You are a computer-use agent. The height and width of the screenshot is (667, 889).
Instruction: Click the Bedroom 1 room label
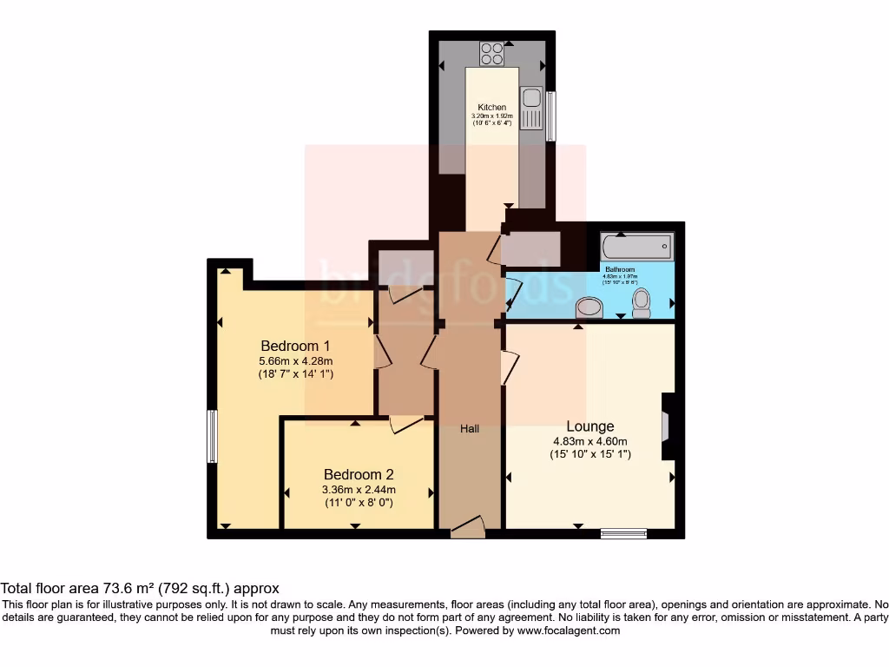point(296,344)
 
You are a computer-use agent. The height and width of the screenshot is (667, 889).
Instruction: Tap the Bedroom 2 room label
point(359,474)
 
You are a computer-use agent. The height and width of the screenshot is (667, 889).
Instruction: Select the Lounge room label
point(590,426)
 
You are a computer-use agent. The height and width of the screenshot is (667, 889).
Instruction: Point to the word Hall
point(470,429)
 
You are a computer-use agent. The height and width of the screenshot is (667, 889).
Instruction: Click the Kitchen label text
point(492,108)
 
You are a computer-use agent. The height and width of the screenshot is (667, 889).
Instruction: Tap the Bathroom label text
point(620,270)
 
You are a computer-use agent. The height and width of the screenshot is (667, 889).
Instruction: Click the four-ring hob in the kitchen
point(492,54)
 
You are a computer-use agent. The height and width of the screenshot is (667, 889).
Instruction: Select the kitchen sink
point(530,107)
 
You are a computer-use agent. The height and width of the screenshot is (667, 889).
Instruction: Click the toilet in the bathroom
point(642,302)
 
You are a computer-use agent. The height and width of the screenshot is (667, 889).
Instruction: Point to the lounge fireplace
point(666,426)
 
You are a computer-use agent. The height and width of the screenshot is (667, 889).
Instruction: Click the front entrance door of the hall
point(468,526)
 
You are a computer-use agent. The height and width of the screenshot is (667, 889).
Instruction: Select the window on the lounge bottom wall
point(623,533)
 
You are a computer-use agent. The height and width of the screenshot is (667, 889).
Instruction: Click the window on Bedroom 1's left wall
point(211,436)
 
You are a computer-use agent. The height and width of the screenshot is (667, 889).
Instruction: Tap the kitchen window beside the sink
point(550,116)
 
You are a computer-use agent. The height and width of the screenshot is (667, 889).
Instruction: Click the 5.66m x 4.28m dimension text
point(296,360)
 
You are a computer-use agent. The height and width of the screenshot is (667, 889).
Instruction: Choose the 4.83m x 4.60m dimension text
point(590,441)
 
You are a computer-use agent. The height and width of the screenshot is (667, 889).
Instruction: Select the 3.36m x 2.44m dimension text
point(359,489)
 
